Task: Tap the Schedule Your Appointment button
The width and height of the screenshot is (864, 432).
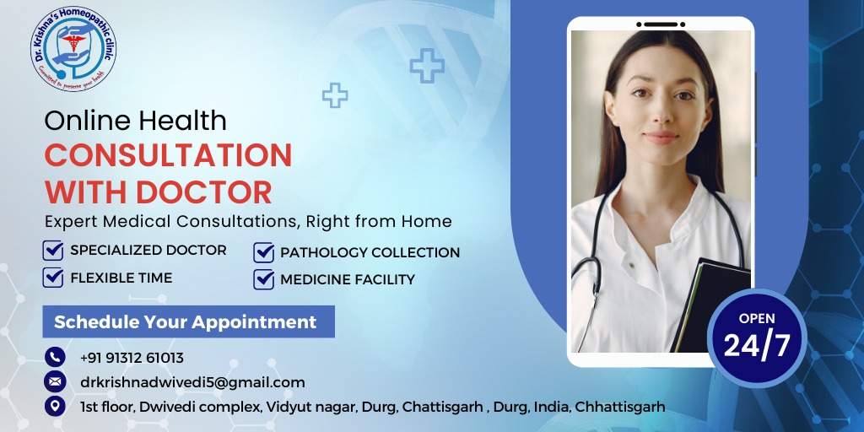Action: [x=188, y=321]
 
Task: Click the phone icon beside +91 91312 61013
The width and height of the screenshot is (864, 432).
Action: [x=55, y=357]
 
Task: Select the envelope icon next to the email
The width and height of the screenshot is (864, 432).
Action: [x=55, y=381]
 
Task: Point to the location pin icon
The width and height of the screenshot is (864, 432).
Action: [x=55, y=406]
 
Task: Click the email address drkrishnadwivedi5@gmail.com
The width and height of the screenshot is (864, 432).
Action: [x=192, y=382]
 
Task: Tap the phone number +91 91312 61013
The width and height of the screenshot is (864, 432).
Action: [x=132, y=358]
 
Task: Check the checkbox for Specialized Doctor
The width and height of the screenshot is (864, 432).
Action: [x=53, y=250]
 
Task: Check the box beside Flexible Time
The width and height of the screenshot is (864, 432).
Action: [x=53, y=277]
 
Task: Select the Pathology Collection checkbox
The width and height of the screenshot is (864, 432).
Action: [x=264, y=252]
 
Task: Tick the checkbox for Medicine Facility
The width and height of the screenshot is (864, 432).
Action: [x=264, y=279]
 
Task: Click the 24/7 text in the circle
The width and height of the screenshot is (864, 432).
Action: [x=757, y=345]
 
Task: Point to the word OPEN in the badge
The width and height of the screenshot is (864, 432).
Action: [x=757, y=318]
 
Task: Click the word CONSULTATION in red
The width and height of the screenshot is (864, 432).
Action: [x=168, y=155]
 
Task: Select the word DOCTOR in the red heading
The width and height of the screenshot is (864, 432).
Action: [x=204, y=192]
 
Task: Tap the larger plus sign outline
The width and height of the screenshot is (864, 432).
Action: [x=427, y=66]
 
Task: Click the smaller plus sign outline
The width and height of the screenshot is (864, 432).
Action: [x=335, y=95]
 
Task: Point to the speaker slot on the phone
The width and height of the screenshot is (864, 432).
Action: [x=661, y=24]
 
